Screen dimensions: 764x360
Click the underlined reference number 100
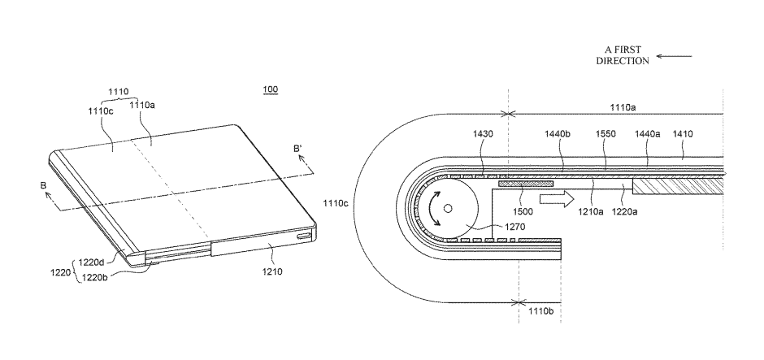tap(271, 89)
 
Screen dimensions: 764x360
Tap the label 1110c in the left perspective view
tap(100, 111)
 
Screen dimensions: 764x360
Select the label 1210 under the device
tap(272, 271)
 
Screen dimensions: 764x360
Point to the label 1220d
tap(92, 262)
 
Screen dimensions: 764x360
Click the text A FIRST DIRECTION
tap(623, 55)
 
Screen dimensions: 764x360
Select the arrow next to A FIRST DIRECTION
tap(674, 56)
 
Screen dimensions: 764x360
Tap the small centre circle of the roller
tap(447, 209)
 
